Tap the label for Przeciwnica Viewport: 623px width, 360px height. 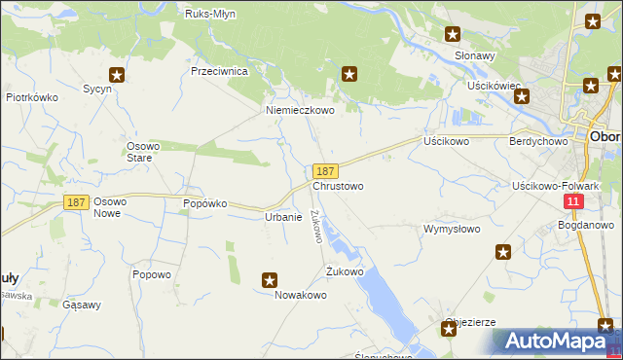[x=221, y=72]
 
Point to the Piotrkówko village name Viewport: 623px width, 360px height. [x=33, y=98]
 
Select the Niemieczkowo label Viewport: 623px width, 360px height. [x=301, y=111]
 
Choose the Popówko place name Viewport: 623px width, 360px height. [x=204, y=203]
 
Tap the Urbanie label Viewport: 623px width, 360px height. [x=283, y=217]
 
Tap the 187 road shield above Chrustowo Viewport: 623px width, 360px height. [x=326, y=171]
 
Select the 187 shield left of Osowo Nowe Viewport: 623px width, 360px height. [x=77, y=201]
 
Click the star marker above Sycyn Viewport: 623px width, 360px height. [x=117, y=74]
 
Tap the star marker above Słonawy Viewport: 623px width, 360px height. [x=453, y=34]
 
